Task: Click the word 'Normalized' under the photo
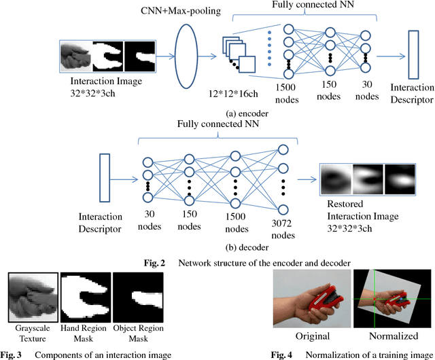pyautogui.click(x=393, y=336)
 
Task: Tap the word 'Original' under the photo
pyautogui.click(x=311, y=336)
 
